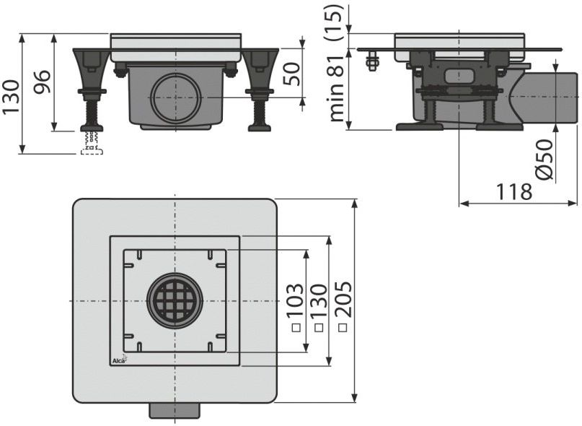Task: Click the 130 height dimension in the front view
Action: (10, 97)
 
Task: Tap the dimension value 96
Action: (42, 82)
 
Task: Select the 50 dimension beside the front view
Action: (292, 74)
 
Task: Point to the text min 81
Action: (338, 90)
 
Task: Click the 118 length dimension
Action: (514, 191)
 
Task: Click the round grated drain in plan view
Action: (175, 301)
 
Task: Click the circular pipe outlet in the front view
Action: (176, 98)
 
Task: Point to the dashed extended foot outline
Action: (92, 144)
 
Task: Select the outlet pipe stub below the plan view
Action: (175, 411)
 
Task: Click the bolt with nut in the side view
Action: (372, 62)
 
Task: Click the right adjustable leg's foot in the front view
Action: (260, 129)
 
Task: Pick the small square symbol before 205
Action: (343, 328)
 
